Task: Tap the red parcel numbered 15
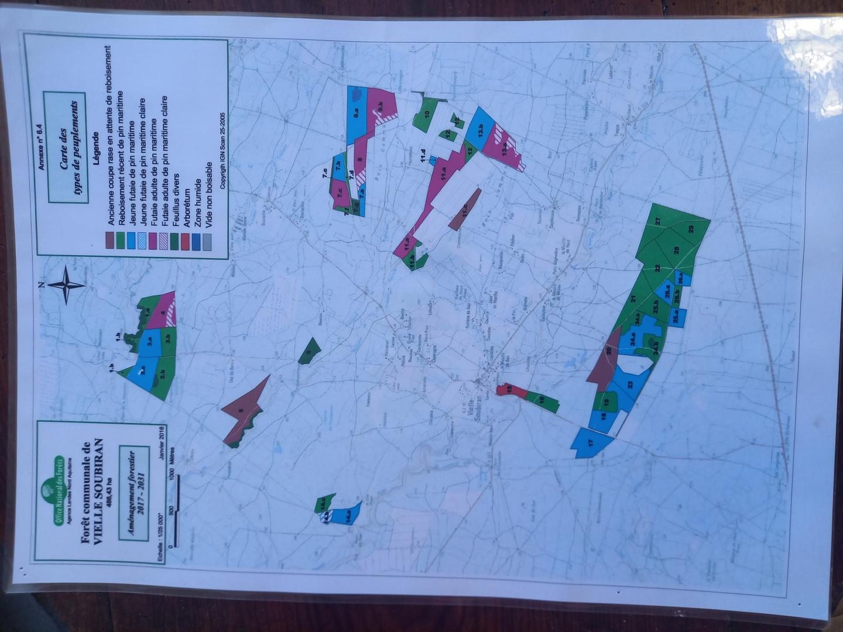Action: click(508, 390)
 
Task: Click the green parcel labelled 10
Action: click(426, 114)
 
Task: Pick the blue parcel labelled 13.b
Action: click(480, 130)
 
